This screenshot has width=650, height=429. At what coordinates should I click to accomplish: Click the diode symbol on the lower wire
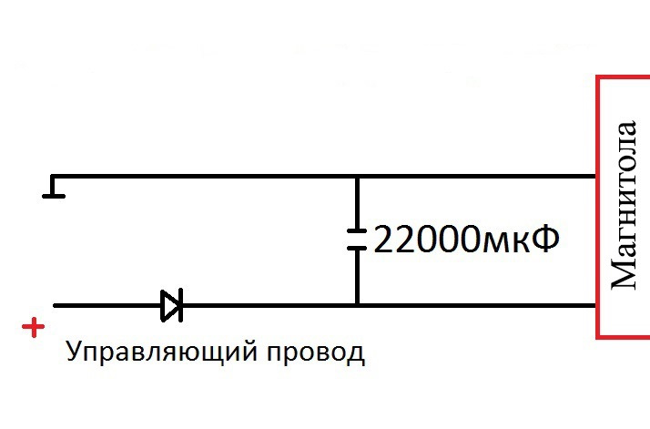[x=171, y=305]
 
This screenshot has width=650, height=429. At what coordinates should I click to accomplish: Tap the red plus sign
[x=34, y=327]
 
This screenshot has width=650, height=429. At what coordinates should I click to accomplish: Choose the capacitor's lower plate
[x=357, y=247]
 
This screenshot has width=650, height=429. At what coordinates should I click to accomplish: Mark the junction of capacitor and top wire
[x=357, y=176]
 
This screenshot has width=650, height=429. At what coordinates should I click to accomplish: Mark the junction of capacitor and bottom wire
[x=357, y=305]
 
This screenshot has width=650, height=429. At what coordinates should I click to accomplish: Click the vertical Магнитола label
[x=624, y=205]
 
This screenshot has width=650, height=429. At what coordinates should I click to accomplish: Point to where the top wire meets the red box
[x=596, y=176]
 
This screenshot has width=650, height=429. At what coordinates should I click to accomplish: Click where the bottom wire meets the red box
[x=596, y=305]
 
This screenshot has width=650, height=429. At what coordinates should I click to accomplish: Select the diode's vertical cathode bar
[x=180, y=305]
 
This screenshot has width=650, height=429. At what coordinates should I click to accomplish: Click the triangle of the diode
[x=169, y=305]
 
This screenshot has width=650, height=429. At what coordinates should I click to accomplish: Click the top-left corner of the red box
[x=598, y=78]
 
